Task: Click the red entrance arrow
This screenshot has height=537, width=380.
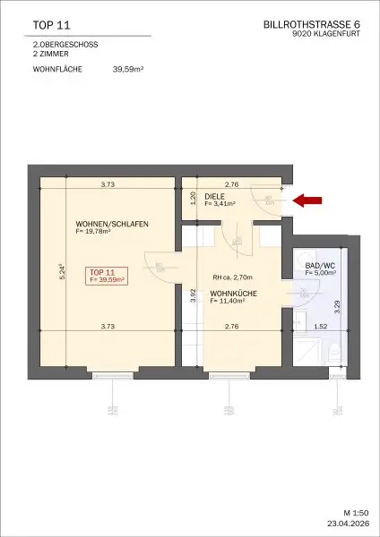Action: (x=310, y=202)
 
